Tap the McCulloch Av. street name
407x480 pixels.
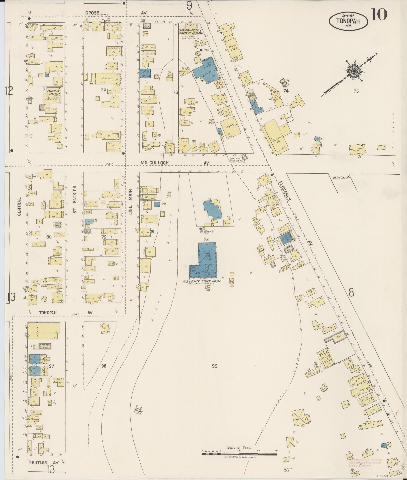point(154,163)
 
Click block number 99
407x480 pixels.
point(214,366)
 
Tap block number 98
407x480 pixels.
point(104,366)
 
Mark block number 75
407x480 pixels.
point(356,91)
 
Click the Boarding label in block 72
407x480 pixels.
point(108,78)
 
